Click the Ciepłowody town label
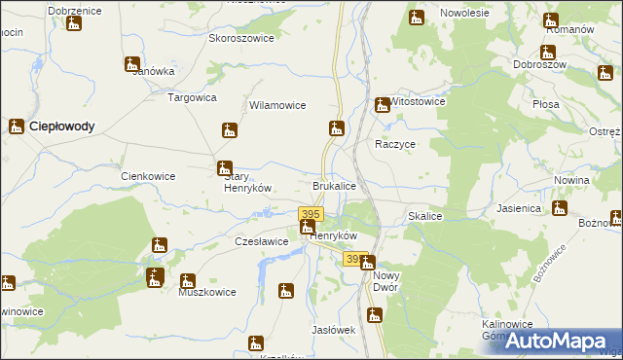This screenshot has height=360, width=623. [x=62, y=126]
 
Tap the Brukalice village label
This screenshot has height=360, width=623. [x=334, y=185]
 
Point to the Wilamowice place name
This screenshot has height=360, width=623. [x=278, y=105]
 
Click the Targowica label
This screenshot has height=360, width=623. [x=193, y=97]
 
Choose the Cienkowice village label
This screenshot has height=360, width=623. [x=147, y=176]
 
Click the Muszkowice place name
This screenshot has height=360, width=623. [x=207, y=291]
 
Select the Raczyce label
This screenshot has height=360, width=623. [x=396, y=143]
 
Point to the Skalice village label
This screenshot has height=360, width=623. [x=426, y=216]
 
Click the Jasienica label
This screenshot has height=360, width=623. [x=519, y=208]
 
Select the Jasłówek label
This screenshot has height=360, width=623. [x=332, y=330]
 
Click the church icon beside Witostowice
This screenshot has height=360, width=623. [x=384, y=105]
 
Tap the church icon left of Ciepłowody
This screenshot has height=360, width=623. [x=17, y=126]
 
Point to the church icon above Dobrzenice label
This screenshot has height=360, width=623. [x=73, y=21]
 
